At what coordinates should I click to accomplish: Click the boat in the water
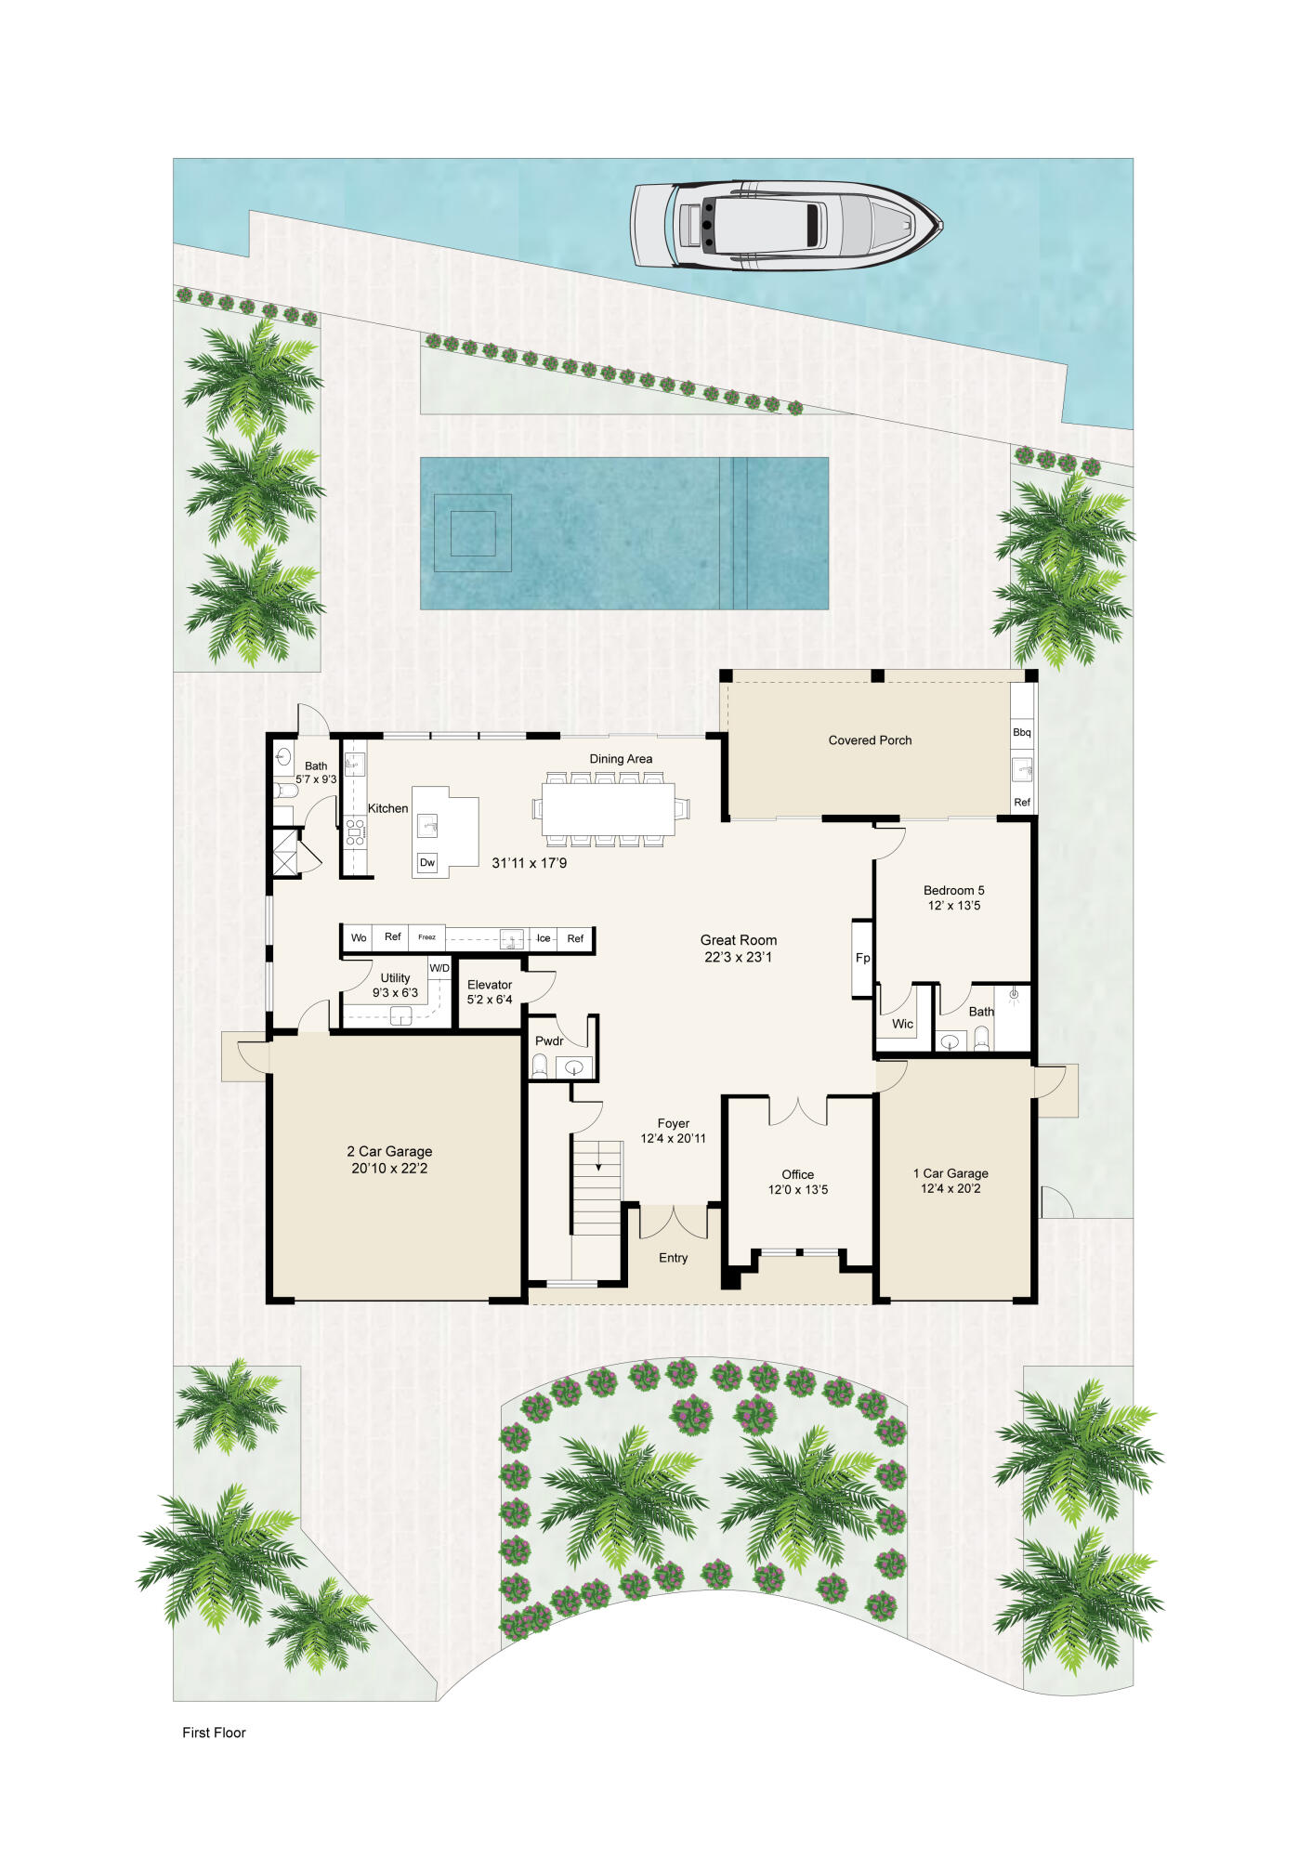(x=786, y=226)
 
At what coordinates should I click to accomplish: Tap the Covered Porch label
(x=870, y=740)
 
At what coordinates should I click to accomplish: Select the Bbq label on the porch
(x=1022, y=732)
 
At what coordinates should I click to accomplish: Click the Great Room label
(x=739, y=940)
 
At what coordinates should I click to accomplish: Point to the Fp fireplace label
(x=862, y=958)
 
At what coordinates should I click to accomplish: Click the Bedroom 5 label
(x=953, y=890)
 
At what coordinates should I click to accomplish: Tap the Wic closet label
(x=902, y=1024)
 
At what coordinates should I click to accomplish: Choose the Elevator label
(x=490, y=985)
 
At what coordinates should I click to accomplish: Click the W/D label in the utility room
(x=439, y=968)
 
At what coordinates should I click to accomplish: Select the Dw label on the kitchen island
(x=427, y=862)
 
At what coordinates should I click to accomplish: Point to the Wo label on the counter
(x=359, y=937)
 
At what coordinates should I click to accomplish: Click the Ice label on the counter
(x=544, y=938)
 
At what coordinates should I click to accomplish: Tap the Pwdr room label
(x=549, y=1040)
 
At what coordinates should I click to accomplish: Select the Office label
(x=797, y=1174)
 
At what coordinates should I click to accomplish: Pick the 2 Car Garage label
(x=389, y=1151)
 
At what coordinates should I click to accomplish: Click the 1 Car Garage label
(x=950, y=1173)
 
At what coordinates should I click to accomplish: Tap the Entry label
(x=673, y=1258)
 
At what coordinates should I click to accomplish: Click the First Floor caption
(x=214, y=1733)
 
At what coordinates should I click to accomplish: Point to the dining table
(x=609, y=809)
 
